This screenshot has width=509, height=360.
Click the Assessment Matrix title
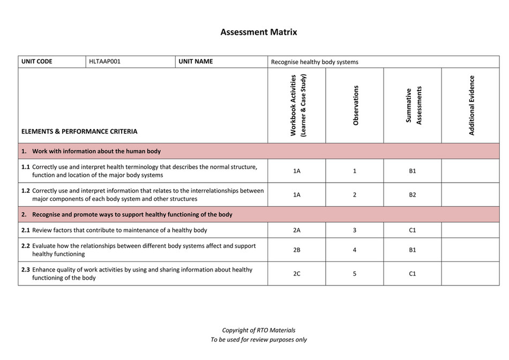258,32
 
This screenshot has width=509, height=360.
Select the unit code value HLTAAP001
105,62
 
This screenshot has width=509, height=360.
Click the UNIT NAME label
196,62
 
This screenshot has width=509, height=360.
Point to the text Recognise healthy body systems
315,62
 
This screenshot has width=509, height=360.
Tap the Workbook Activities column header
296,105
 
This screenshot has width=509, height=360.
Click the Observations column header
355,106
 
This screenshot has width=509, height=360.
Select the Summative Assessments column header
413,106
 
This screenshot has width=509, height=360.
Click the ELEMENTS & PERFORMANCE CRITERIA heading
79,131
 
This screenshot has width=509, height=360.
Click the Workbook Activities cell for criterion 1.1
297,171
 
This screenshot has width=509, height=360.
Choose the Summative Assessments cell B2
413,195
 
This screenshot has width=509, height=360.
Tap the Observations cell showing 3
355,230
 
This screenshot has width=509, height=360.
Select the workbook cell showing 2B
297,250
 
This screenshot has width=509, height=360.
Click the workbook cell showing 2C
297,274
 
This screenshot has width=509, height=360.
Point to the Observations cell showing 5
355,274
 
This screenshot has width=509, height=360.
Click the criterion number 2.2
26,246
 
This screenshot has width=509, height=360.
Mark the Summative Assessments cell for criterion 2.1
413,230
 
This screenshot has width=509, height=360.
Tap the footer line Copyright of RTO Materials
258,330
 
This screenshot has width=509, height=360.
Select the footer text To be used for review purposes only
258,340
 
